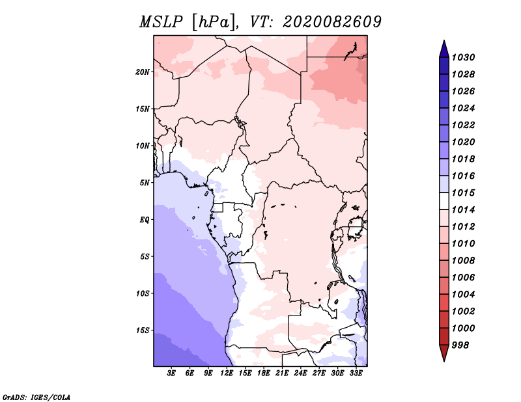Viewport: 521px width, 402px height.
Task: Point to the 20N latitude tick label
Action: click(x=143, y=72)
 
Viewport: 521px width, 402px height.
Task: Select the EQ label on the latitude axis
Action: click(x=145, y=219)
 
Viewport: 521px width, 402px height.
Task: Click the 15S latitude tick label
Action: click(x=143, y=330)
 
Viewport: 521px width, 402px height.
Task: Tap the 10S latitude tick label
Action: click(x=143, y=293)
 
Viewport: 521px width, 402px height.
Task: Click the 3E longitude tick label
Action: click(x=172, y=373)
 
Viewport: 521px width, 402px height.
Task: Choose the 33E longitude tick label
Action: click(x=355, y=373)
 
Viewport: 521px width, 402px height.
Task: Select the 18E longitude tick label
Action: click(x=263, y=373)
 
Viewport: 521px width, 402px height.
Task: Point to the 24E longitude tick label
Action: click(x=300, y=373)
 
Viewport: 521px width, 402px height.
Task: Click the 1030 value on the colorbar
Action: click(x=465, y=57)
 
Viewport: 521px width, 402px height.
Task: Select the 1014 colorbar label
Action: click(x=465, y=209)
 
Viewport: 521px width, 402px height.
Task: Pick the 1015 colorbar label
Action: click(x=465, y=193)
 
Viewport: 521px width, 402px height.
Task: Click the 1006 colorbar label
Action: click(x=465, y=277)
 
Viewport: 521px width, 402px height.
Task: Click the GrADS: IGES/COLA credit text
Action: click(x=36, y=396)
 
